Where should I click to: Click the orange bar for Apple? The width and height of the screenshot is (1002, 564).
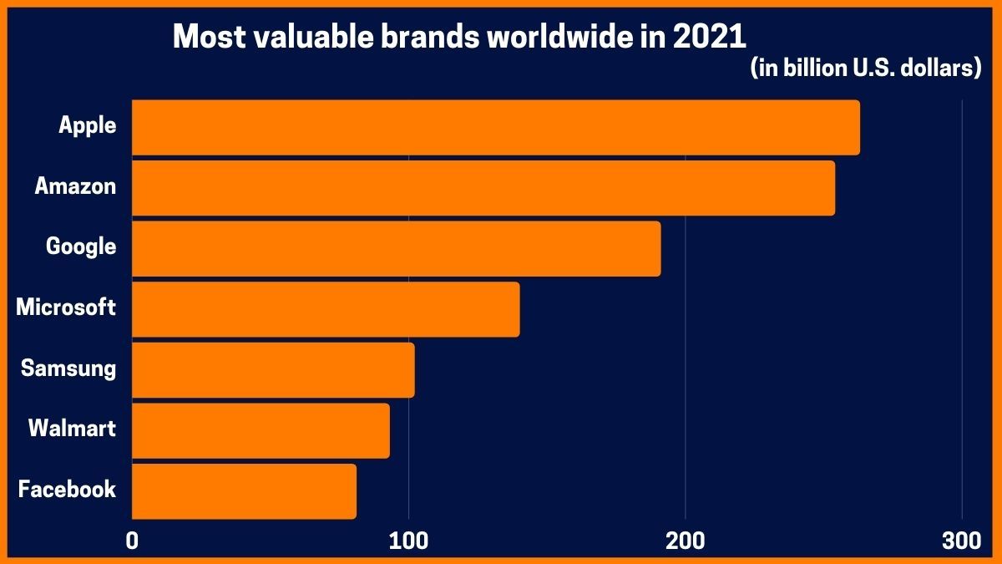point(495,127)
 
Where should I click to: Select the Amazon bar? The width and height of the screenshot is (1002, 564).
point(483,188)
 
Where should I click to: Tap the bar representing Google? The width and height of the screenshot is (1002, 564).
point(396,248)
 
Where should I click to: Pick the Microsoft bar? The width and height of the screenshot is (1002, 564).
point(326,309)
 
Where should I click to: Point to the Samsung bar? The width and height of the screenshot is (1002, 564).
point(273,369)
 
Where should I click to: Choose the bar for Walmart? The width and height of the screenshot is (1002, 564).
point(261,430)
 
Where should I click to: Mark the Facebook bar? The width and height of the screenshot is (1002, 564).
point(244,491)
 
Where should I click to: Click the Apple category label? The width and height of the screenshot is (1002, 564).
point(87,126)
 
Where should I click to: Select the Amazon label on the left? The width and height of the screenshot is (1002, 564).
point(75,186)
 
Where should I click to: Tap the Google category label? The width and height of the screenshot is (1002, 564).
point(81,247)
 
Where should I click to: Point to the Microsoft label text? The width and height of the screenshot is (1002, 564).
point(66,307)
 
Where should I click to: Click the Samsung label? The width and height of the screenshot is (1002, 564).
point(68,368)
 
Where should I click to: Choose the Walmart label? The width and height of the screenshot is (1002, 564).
point(72,429)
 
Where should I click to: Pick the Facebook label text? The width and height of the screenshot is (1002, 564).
point(67,490)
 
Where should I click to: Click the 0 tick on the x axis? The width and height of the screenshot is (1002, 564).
point(132,541)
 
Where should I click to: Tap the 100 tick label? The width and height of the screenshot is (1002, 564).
point(408,541)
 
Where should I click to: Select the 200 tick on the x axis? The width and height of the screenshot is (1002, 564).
point(685,541)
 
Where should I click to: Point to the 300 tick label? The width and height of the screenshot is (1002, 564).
point(961,541)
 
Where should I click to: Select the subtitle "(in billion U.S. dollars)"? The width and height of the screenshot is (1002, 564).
point(865,69)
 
